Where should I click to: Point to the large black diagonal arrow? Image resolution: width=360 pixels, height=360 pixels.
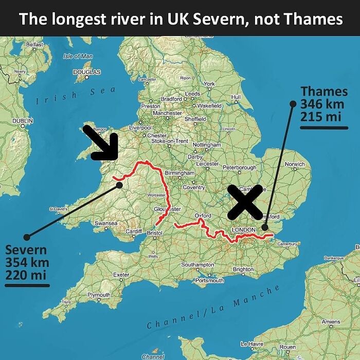pos(101,142)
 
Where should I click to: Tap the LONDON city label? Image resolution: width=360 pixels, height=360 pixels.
pos(243,229)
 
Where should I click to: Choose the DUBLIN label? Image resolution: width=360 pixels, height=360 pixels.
pos(23,120)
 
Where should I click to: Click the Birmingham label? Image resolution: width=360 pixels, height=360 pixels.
pos(180,173)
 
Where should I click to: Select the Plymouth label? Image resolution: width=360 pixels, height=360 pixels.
pos(99,295)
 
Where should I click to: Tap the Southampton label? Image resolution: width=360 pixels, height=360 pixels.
pos(198,264)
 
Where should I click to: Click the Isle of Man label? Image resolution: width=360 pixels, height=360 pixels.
pos(77,56)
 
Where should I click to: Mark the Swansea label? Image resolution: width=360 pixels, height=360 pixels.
pos(106,223)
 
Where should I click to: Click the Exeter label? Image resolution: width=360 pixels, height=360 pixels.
pos(121,275)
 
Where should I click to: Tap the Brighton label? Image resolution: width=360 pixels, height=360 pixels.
pos(243,269)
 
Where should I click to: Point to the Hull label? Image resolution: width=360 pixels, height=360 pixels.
pos(237,97)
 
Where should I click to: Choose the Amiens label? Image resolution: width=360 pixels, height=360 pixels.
pos(331,321)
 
